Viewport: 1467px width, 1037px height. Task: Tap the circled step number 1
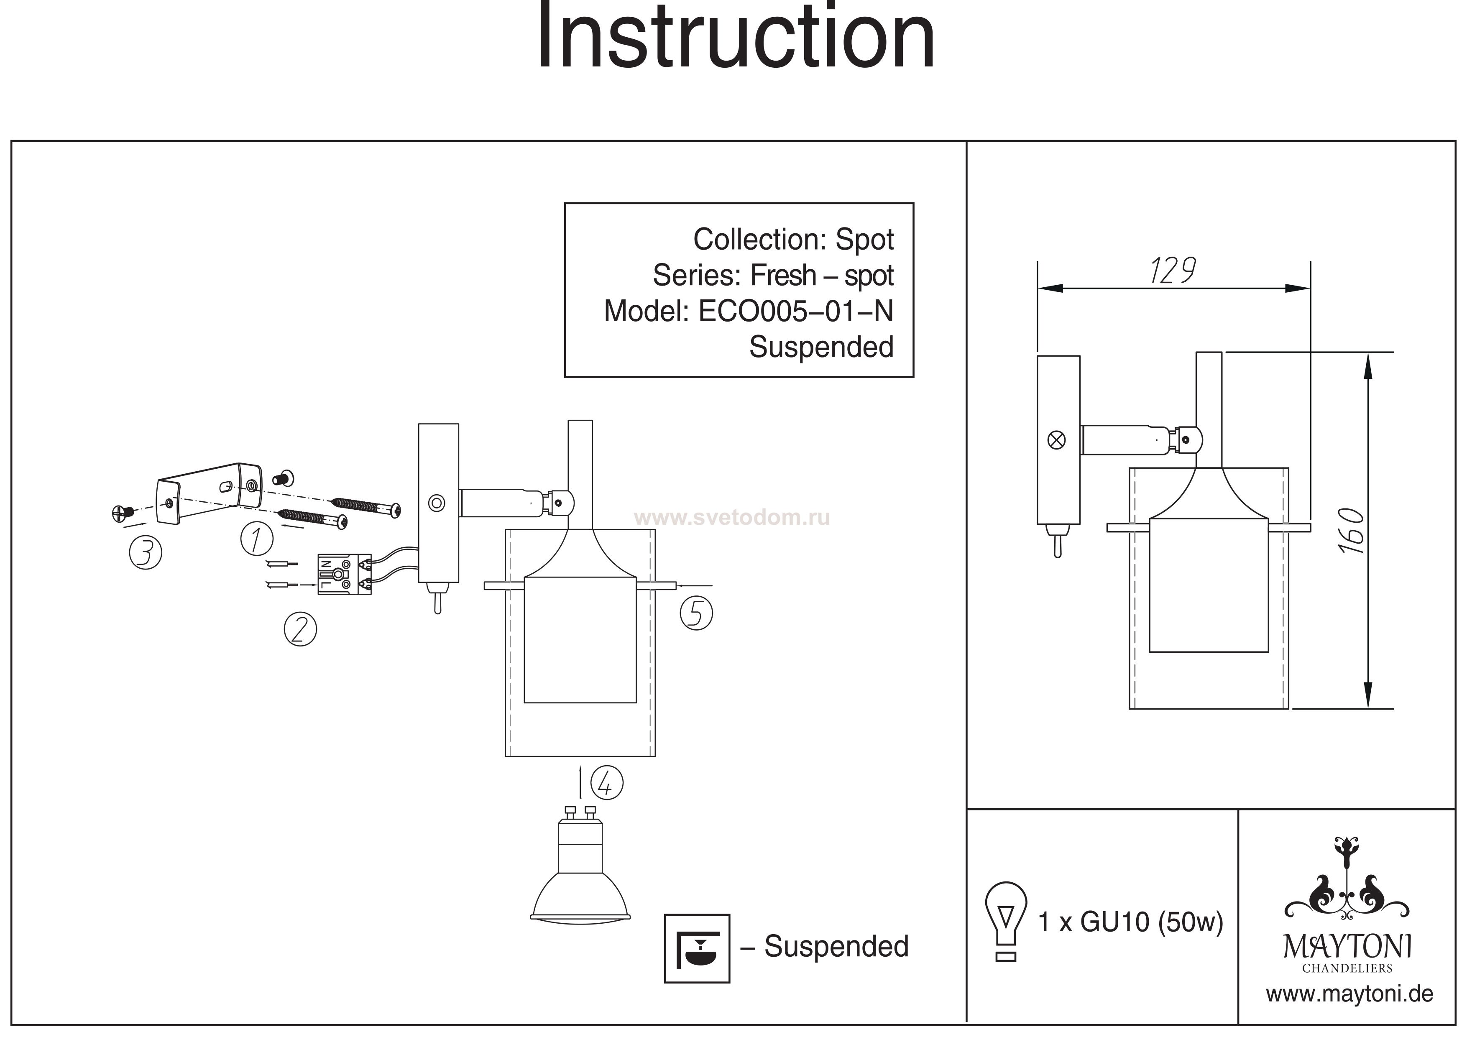pos(257,538)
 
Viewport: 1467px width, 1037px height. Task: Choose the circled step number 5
pos(696,613)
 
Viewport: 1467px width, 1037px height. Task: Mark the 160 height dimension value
pos(1350,530)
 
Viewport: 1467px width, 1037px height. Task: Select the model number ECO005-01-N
pos(795,312)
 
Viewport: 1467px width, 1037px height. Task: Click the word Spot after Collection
pos(864,240)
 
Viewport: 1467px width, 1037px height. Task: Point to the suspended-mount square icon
pos(696,948)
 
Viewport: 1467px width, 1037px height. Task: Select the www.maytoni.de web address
pos(1349,994)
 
